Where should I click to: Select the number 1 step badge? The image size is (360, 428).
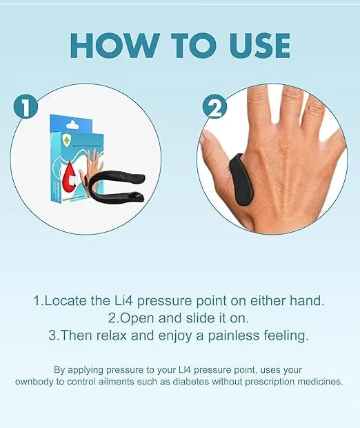(25, 108)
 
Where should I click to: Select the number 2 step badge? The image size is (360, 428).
(215, 108)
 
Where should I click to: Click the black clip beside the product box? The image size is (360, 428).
(118, 186)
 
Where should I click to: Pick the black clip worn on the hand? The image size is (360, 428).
(237, 176)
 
